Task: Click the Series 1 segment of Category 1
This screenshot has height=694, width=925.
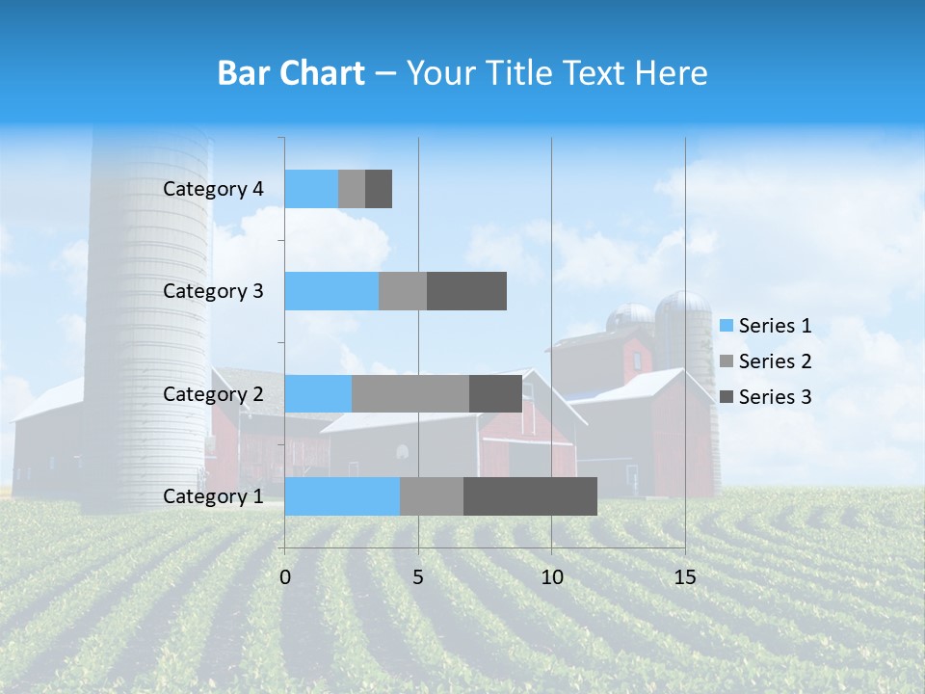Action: point(342,496)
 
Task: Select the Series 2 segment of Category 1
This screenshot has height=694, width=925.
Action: point(432,496)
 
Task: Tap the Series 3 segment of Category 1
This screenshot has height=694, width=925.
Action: point(530,496)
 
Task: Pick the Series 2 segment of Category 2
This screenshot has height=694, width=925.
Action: point(410,393)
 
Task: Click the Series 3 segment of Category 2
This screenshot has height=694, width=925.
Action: point(495,393)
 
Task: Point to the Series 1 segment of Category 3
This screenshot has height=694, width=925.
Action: point(331,291)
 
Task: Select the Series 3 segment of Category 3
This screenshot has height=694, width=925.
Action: point(466,291)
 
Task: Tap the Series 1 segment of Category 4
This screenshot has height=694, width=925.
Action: point(311,189)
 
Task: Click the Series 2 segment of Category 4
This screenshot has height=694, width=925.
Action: point(352,189)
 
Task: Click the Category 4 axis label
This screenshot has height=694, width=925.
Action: point(213,189)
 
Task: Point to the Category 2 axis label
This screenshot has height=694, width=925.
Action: point(213,394)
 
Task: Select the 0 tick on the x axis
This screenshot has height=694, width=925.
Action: point(285,577)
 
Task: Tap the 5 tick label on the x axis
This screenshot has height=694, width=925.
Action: point(418,577)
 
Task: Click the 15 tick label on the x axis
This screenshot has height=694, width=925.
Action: point(685,577)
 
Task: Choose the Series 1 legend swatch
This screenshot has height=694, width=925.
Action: point(726,326)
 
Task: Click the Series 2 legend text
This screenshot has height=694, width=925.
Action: point(775,361)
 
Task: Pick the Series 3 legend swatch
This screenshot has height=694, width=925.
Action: point(726,397)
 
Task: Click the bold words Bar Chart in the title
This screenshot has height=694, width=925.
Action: point(291,73)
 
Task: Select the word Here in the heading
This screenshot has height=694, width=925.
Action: point(674,73)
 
